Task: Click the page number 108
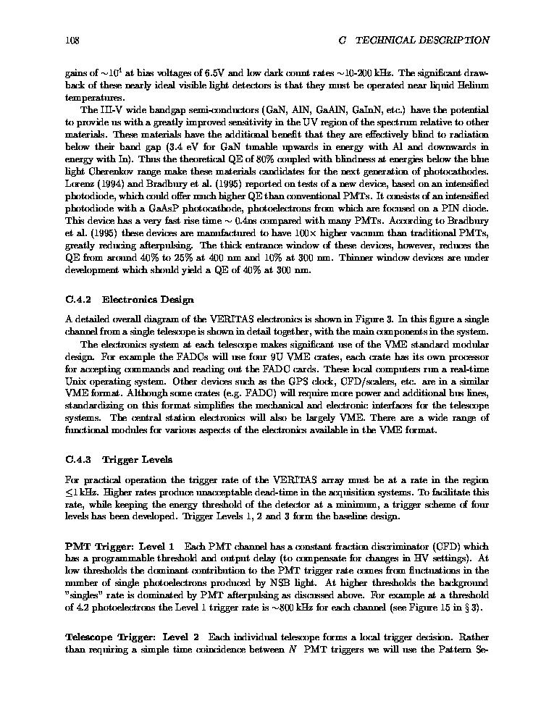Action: click(71, 41)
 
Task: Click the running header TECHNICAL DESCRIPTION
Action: click(424, 41)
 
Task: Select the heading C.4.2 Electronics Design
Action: click(130, 299)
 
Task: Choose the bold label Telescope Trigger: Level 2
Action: click(132, 637)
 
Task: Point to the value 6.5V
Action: click(207, 73)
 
